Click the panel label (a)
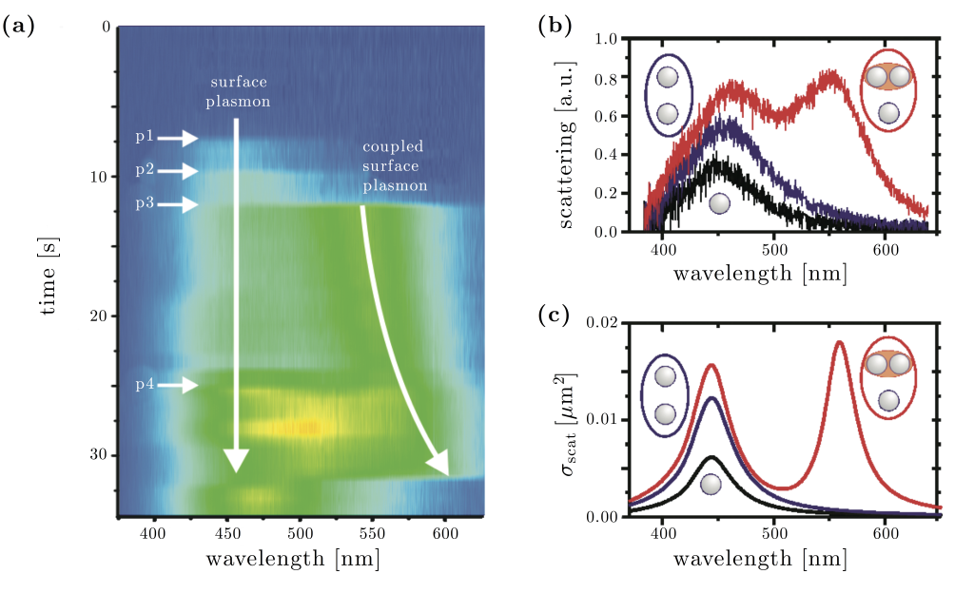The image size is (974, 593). click(x=20, y=27)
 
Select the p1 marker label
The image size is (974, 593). click(x=144, y=139)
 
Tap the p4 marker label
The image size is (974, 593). click(x=144, y=385)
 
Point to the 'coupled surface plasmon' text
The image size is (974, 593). click(x=394, y=165)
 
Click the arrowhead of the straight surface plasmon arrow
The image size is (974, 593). click(x=237, y=461)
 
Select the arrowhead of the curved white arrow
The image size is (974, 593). click(x=438, y=464)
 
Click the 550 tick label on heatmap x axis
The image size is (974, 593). click(x=373, y=533)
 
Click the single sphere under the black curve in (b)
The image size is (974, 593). click(x=719, y=202)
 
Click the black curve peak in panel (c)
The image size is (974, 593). click(x=710, y=457)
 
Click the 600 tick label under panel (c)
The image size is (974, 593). click(x=886, y=531)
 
